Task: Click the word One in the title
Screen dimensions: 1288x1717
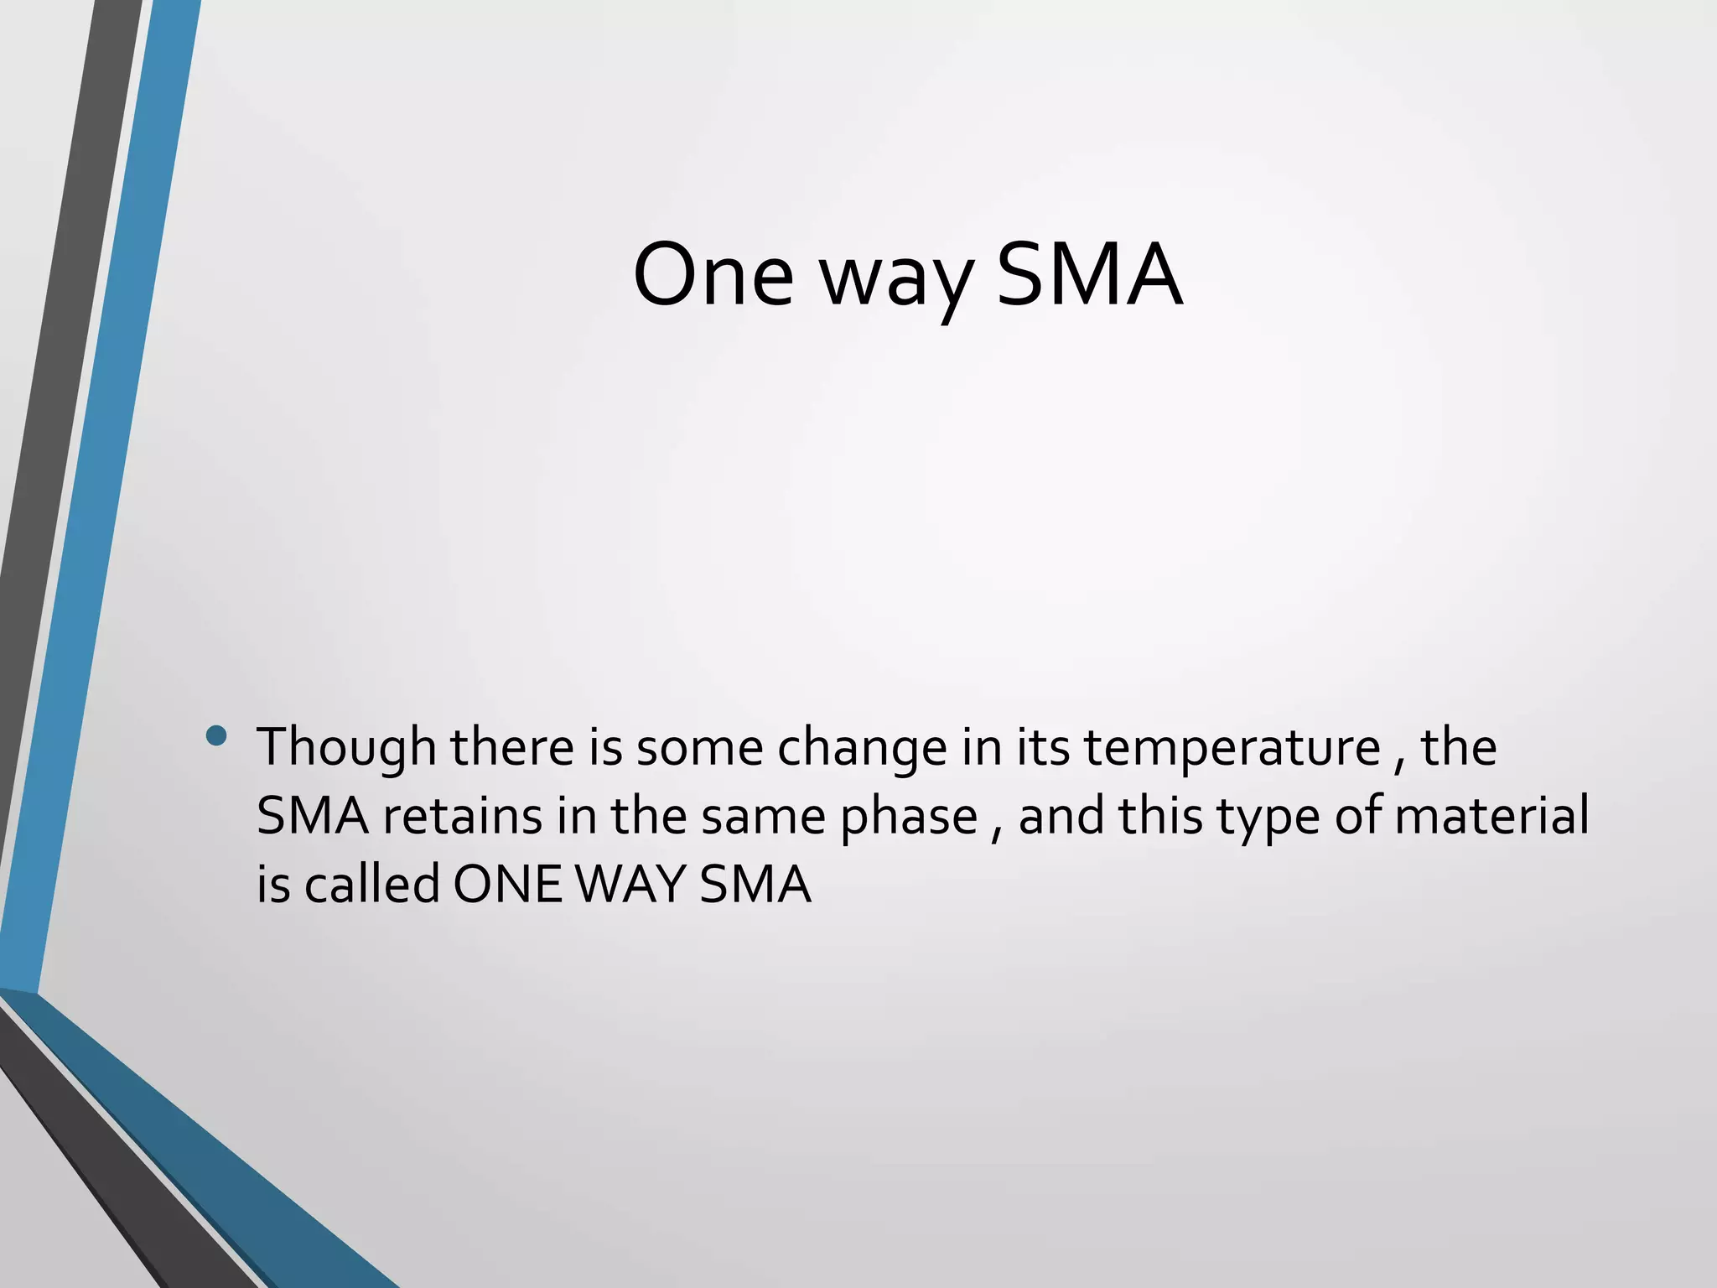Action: point(713,275)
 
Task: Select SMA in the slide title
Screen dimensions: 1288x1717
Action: point(1089,275)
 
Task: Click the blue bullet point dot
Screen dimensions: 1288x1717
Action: point(216,736)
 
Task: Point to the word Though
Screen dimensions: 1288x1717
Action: point(346,747)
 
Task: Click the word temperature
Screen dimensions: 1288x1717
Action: point(1232,749)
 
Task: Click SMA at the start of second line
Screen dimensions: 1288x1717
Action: point(313,816)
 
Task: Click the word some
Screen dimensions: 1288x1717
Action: point(699,749)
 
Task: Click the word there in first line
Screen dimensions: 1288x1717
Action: point(512,747)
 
